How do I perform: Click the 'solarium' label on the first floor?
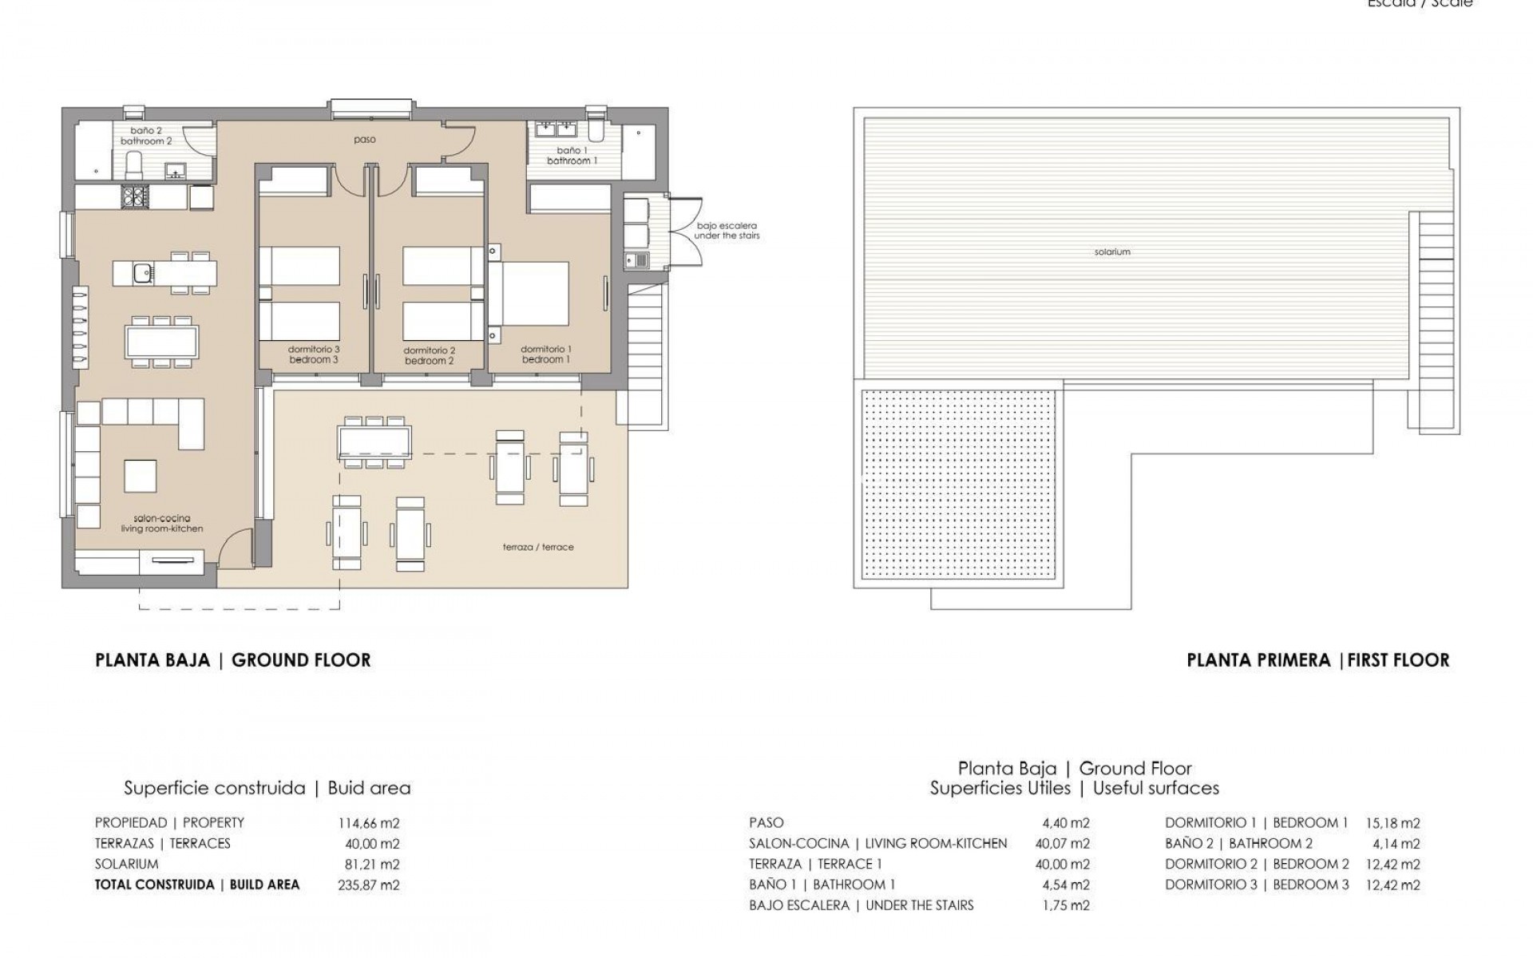coord(1112,252)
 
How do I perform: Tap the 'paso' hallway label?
coord(365,140)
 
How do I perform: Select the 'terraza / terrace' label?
coord(538,548)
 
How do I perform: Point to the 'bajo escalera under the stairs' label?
coord(727,231)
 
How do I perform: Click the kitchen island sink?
coord(143,273)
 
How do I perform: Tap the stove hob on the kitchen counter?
coord(135,196)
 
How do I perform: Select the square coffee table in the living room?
coord(141,477)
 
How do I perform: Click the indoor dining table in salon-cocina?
coord(161,341)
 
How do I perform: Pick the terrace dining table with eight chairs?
coord(374,441)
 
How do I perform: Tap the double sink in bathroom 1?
coord(557,129)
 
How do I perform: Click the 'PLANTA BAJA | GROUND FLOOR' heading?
coord(233,661)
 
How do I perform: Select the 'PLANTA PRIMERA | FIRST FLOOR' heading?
coord(1317,661)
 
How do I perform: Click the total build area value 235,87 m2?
coord(369,885)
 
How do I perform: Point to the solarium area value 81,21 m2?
coord(369,865)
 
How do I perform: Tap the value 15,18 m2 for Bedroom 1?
coord(1394,823)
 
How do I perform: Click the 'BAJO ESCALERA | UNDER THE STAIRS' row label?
coord(862,906)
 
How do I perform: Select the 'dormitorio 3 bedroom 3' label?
coord(314,355)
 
